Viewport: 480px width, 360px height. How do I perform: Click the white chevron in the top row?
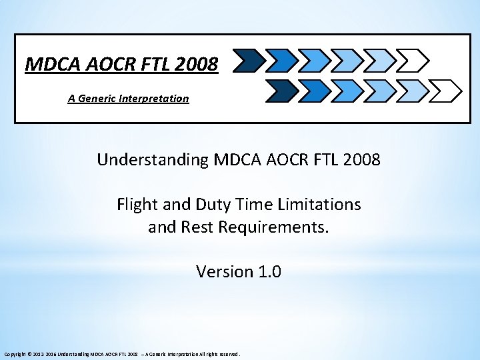(412, 60)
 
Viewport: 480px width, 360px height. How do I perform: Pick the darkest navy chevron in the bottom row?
(279, 91)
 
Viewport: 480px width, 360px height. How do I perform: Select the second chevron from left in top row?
(279, 60)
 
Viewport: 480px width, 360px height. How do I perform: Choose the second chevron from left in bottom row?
(312, 91)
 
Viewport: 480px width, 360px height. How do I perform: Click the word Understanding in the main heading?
(153, 160)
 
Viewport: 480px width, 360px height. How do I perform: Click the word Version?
(225, 272)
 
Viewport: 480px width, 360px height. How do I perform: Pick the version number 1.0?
(269, 272)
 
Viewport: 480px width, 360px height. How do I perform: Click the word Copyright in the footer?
(15, 355)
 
